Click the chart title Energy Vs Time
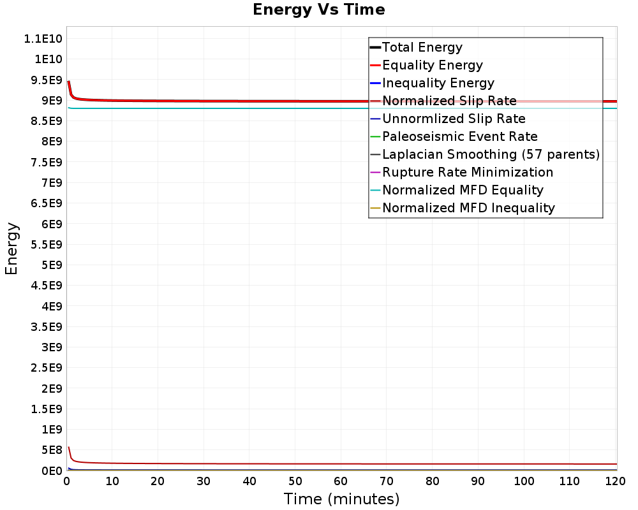pyautogui.click(x=318, y=10)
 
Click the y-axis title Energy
pyautogui.click(x=11, y=249)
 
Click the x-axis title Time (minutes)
pyautogui.click(x=341, y=499)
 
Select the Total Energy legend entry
pyautogui.click(x=422, y=47)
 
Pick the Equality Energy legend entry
pyautogui.click(x=432, y=65)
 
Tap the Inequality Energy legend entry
pyautogui.click(x=438, y=83)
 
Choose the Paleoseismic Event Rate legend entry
pyautogui.click(x=459, y=136)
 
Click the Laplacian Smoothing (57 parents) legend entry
pyautogui.click(x=490, y=154)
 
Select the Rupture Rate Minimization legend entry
pyautogui.click(x=467, y=172)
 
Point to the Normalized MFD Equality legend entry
pyautogui.click(x=463, y=190)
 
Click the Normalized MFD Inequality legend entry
pyautogui.click(x=468, y=208)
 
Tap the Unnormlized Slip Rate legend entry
pyautogui.click(x=454, y=119)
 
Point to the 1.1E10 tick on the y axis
pyautogui.click(x=42, y=39)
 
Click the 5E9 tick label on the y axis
pyautogui.click(x=49, y=265)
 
